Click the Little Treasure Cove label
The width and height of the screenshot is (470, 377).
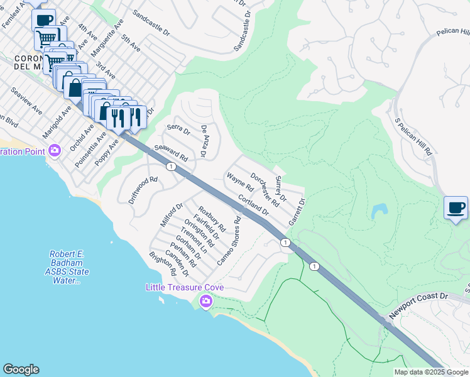pos(185,287)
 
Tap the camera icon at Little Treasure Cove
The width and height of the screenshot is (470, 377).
pos(205,302)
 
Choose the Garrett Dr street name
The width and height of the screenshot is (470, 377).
pos(297,212)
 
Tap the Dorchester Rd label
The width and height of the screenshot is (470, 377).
pos(265,190)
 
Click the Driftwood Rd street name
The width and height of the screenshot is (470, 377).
pos(143,190)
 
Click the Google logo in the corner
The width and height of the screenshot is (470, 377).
pos(21,369)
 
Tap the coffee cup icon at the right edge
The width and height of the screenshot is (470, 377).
pos(456,208)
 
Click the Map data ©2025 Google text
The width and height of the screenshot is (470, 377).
pos(431,372)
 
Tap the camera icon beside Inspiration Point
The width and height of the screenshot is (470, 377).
pos(55,150)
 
